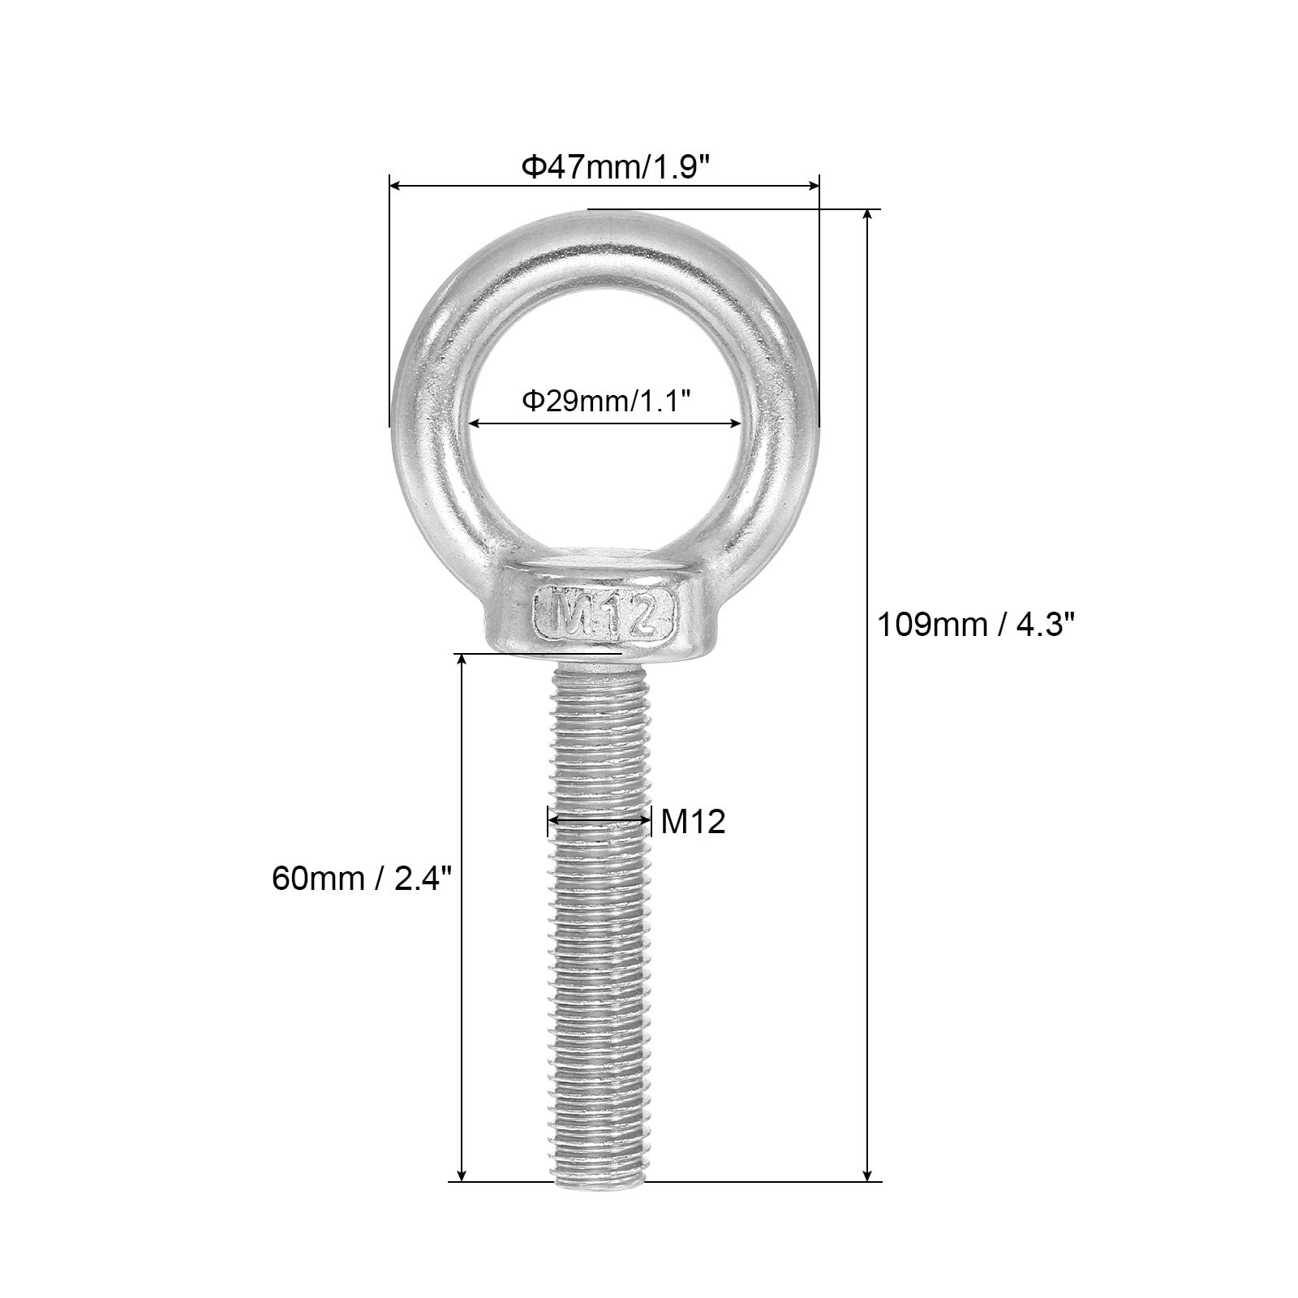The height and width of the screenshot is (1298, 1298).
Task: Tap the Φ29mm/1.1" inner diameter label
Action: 605,401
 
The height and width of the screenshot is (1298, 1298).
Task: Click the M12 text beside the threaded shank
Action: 693,823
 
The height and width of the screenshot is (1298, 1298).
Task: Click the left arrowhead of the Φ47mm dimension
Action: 396,186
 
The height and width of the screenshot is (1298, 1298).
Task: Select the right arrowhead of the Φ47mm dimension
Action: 813,186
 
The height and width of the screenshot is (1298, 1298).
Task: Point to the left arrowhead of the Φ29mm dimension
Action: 476,423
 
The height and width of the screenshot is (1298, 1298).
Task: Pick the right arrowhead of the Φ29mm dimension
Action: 735,423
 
